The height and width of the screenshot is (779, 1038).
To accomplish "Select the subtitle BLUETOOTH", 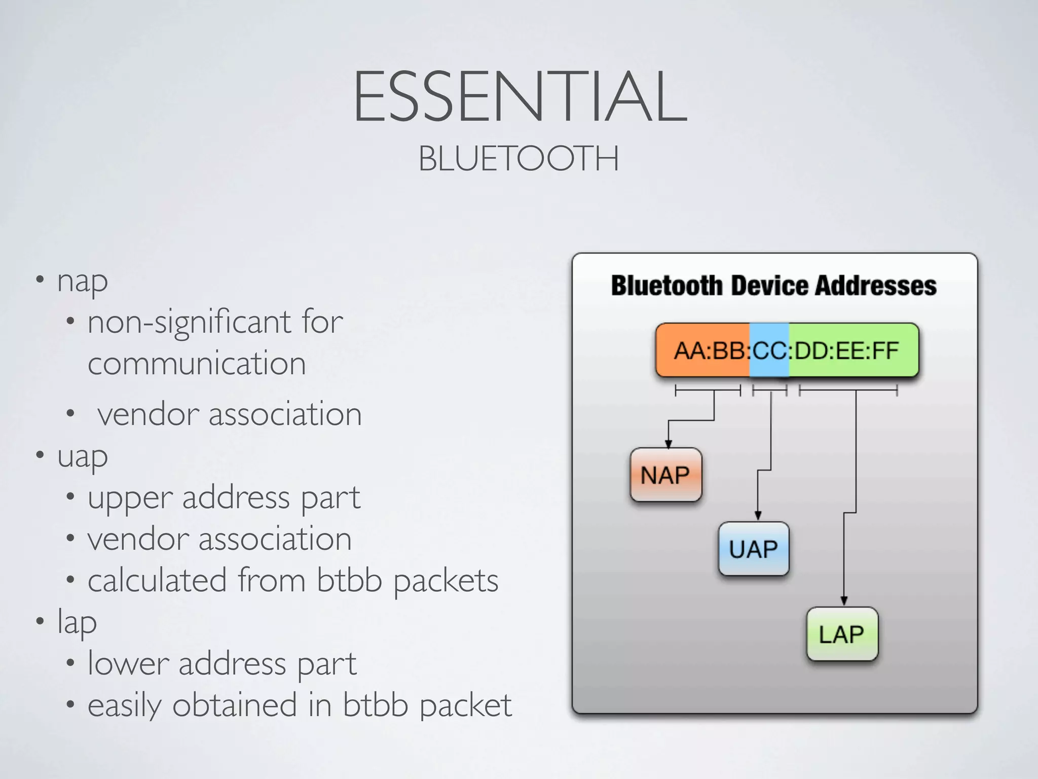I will (518, 159).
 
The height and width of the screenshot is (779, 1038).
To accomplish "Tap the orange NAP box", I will (665, 475).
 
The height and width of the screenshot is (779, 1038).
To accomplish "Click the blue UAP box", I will (754, 549).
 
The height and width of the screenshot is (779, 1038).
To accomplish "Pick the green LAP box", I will (842, 634).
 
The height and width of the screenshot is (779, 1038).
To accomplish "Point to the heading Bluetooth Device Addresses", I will (773, 286).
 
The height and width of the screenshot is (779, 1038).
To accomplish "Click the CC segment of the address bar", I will (769, 350).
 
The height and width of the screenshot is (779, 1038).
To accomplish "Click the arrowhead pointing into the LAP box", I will (844, 601).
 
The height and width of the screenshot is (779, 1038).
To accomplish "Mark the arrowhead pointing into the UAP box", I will (758, 516).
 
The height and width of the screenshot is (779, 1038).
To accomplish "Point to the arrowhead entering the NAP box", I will (669, 444).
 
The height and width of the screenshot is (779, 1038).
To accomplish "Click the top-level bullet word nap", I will (83, 281).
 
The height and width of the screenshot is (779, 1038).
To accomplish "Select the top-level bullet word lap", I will (77, 622).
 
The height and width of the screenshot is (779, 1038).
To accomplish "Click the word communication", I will (197, 364).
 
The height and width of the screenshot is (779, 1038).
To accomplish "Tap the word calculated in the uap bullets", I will (157, 580).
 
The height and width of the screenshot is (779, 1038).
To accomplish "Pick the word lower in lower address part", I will (128, 664).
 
